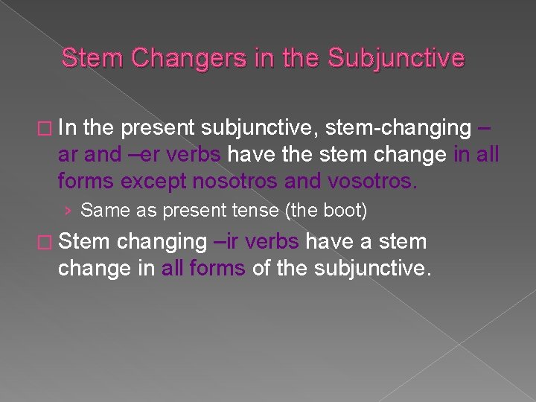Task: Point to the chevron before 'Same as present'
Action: (68, 211)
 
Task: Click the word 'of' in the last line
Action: (261, 268)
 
